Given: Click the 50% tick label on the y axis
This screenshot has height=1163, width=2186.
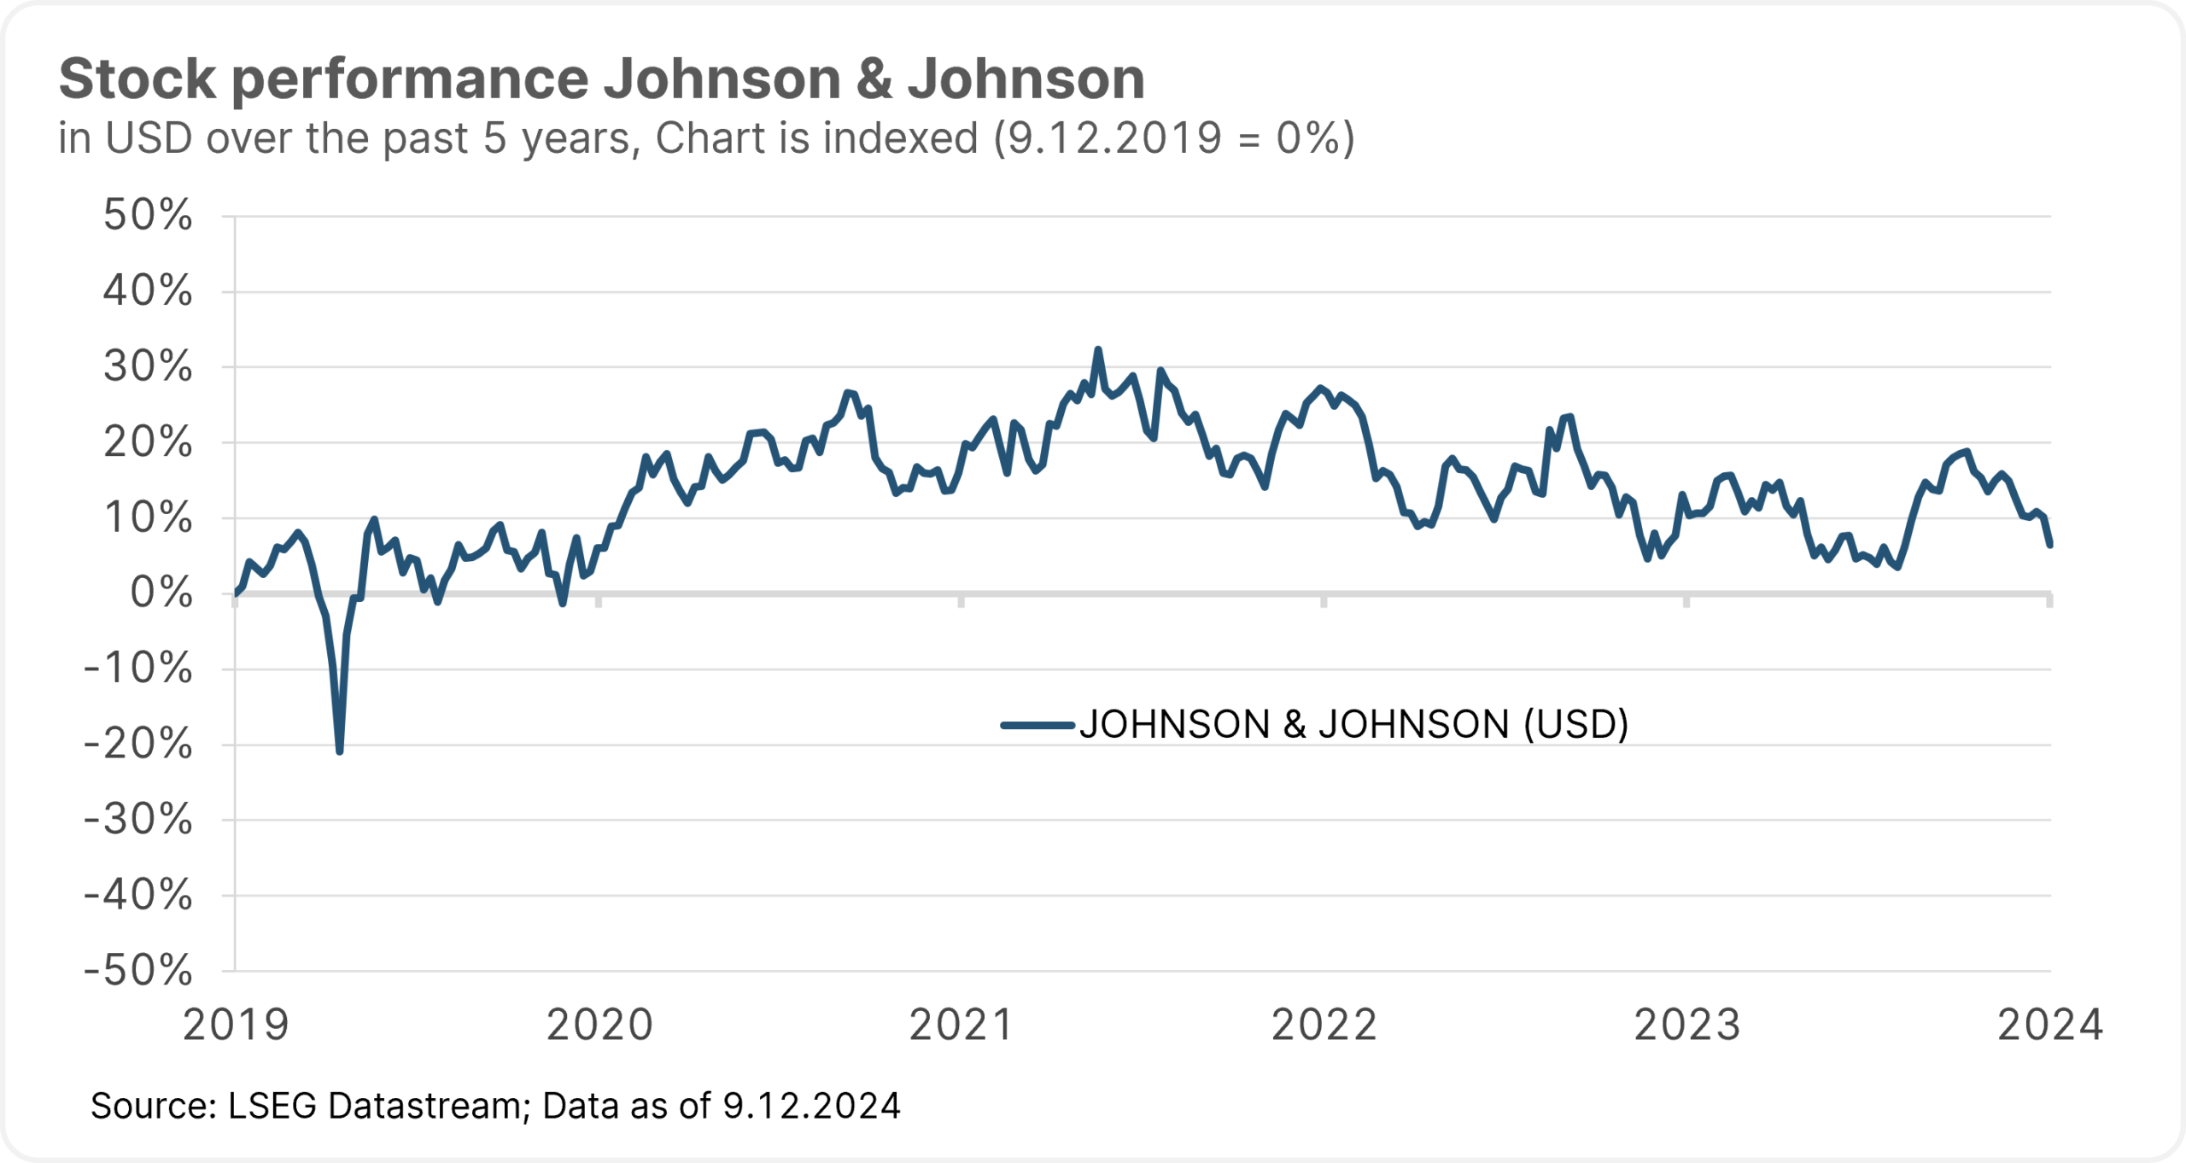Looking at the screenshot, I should coord(148,215).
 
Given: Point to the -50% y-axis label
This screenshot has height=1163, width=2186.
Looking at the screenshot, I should coord(138,970).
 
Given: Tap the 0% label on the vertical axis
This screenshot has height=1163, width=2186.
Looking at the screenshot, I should coord(161,593).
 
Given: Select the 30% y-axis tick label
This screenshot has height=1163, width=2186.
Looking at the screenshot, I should coord(148,366).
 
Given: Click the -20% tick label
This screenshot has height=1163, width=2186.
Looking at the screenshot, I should coord(138,744).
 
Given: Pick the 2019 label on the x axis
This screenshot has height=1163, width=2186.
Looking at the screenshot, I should coord(237,1026).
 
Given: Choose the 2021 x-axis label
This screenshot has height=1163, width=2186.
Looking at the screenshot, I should coord(961,1026).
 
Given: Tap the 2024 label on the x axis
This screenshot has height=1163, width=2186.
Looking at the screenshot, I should coord(2050,1026).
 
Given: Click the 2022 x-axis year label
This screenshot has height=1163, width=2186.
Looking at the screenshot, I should coord(1324,1026).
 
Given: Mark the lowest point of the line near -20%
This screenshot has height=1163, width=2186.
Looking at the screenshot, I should coord(340,751).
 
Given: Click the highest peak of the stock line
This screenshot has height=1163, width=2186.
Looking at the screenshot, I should coord(1098,349).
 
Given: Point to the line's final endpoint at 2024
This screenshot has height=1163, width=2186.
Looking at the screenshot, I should coord(2050,544).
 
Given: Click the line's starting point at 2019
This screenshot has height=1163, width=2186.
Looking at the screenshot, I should coord(237,593).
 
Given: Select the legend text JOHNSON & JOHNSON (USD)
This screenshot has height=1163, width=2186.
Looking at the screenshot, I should coord(1353,725).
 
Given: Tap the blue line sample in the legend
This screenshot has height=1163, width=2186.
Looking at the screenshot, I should coord(1037,726).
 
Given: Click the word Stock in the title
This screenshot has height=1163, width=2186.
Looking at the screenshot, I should coord(137,79).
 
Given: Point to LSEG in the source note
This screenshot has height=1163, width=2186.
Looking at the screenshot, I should coord(272,1106).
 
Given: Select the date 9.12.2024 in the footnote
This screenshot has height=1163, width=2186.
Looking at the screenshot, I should coord(811,1106).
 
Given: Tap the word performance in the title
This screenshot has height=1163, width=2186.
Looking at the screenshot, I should coord(410,79).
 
